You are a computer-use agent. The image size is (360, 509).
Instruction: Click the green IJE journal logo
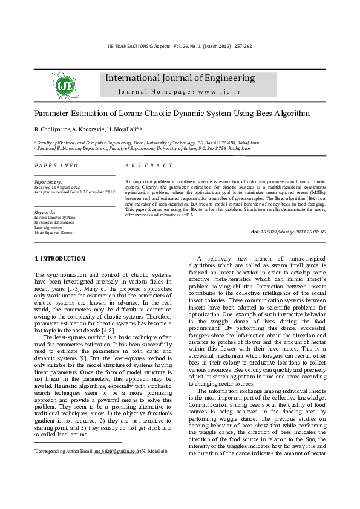coord(65,86)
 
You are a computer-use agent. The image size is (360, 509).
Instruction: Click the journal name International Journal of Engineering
coord(180,78)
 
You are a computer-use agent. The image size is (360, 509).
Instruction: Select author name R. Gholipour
coord(51,129)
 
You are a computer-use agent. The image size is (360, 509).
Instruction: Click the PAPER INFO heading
coord(56,166)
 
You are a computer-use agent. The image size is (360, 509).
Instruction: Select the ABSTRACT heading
coord(148,166)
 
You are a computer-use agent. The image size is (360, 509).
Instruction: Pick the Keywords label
coord(44,213)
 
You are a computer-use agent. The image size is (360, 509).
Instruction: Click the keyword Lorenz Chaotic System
coord(54,218)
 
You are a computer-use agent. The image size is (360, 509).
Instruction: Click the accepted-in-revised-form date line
coord(74,192)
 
